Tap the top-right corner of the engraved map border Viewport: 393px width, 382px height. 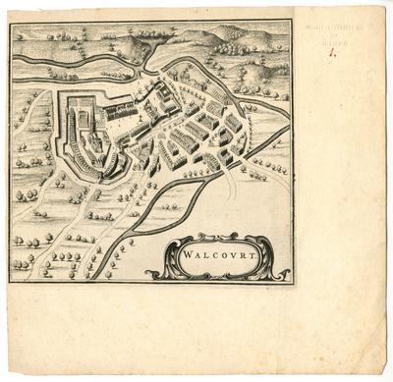coord(291,22)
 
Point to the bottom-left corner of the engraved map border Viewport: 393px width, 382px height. coord(11,282)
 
